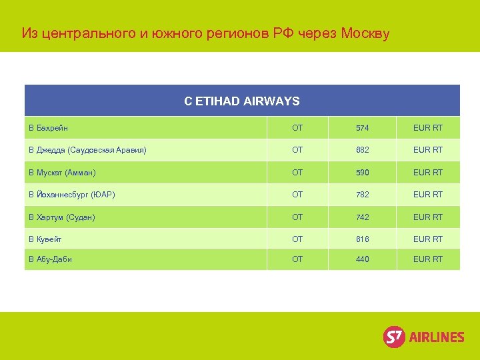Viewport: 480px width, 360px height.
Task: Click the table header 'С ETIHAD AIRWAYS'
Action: click(242, 101)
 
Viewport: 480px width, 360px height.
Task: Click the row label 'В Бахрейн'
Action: click(48, 127)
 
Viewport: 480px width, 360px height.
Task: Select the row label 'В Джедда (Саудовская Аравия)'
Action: click(87, 150)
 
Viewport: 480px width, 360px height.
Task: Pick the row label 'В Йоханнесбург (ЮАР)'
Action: click(71, 195)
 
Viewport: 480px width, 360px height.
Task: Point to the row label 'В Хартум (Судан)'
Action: click(61, 217)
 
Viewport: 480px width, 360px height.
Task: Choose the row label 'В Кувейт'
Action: click(45, 239)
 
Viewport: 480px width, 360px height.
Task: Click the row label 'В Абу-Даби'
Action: click(50, 259)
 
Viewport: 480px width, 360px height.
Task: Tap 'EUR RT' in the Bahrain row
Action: click(428, 127)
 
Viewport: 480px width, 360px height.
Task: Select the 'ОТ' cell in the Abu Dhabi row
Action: click(297, 259)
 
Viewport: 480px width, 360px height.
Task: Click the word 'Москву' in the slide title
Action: click(365, 33)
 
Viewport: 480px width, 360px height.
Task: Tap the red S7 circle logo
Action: click(394, 337)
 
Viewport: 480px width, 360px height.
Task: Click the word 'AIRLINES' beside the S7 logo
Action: click(436, 337)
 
